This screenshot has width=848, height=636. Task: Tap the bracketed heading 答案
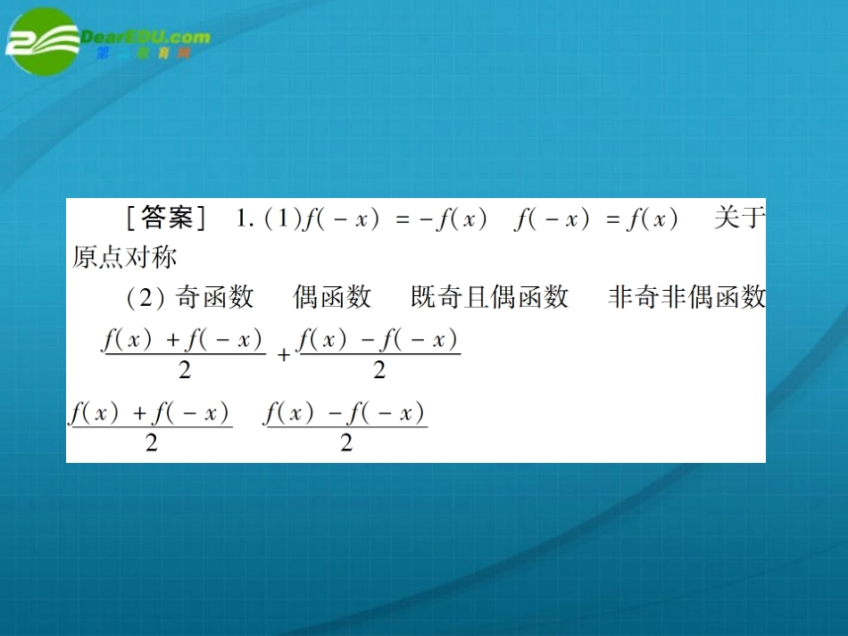tap(167, 219)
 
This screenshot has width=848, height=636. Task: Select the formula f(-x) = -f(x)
tap(395, 219)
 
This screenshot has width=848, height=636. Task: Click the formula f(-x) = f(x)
tap(596, 219)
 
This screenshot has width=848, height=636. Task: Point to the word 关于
tap(739, 219)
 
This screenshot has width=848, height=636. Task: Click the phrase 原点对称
tap(125, 257)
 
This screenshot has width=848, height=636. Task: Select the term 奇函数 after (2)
tap(214, 297)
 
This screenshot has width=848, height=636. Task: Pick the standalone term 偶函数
tap(332, 297)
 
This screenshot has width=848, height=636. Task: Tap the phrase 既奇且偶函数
tap(489, 297)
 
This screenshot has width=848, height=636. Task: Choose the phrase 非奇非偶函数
tap(686, 297)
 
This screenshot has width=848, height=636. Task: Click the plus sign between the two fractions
tap(284, 355)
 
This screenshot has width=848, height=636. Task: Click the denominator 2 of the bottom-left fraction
tap(151, 442)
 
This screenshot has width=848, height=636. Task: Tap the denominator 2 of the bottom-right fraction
tap(346, 442)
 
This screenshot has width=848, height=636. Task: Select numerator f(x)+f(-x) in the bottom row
tap(150, 414)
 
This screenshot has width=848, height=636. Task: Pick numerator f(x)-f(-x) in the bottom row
tap(345, 414)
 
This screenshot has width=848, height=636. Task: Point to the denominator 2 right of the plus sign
tap(379, 370)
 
